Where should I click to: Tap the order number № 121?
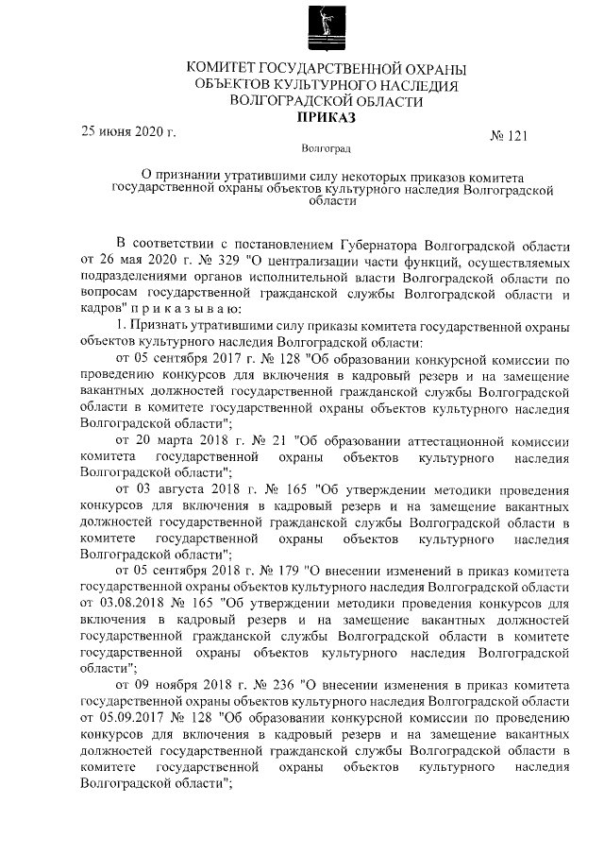coord(509,136)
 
